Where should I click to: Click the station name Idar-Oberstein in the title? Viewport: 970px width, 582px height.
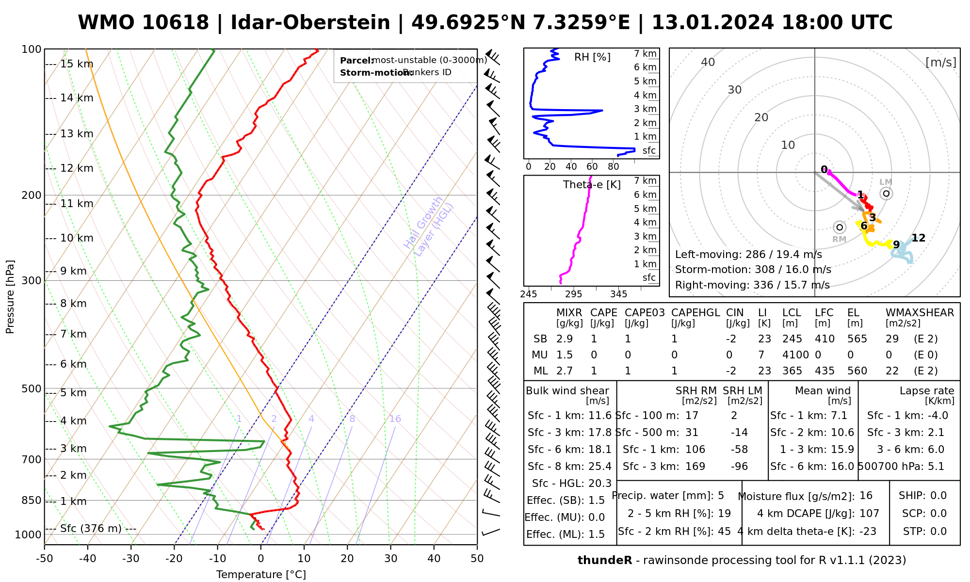point(310,23)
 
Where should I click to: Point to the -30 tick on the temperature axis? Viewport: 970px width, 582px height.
point(131,559)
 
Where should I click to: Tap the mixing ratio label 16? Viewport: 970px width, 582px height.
point(395,419)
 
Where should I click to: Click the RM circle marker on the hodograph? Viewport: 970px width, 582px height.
point(840,227)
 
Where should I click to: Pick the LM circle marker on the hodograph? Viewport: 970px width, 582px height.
point(887,194)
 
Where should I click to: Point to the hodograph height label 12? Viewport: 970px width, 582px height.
point(919,238)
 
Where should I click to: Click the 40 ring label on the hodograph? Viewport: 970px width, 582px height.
point(708,62)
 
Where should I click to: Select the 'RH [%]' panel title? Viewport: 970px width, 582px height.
point(592,57)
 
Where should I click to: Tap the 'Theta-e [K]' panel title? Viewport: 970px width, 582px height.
point(592,185)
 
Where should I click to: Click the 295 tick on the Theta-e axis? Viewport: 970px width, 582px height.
point(574,294)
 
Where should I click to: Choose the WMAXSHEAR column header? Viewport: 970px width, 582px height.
point(920,313)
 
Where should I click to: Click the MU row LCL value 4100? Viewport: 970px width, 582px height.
point(795,355)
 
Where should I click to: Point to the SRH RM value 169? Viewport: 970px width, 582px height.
point(695,467)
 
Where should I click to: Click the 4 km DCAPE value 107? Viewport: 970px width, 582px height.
point(870,514)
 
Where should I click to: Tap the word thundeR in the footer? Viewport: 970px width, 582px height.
point(605,561)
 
